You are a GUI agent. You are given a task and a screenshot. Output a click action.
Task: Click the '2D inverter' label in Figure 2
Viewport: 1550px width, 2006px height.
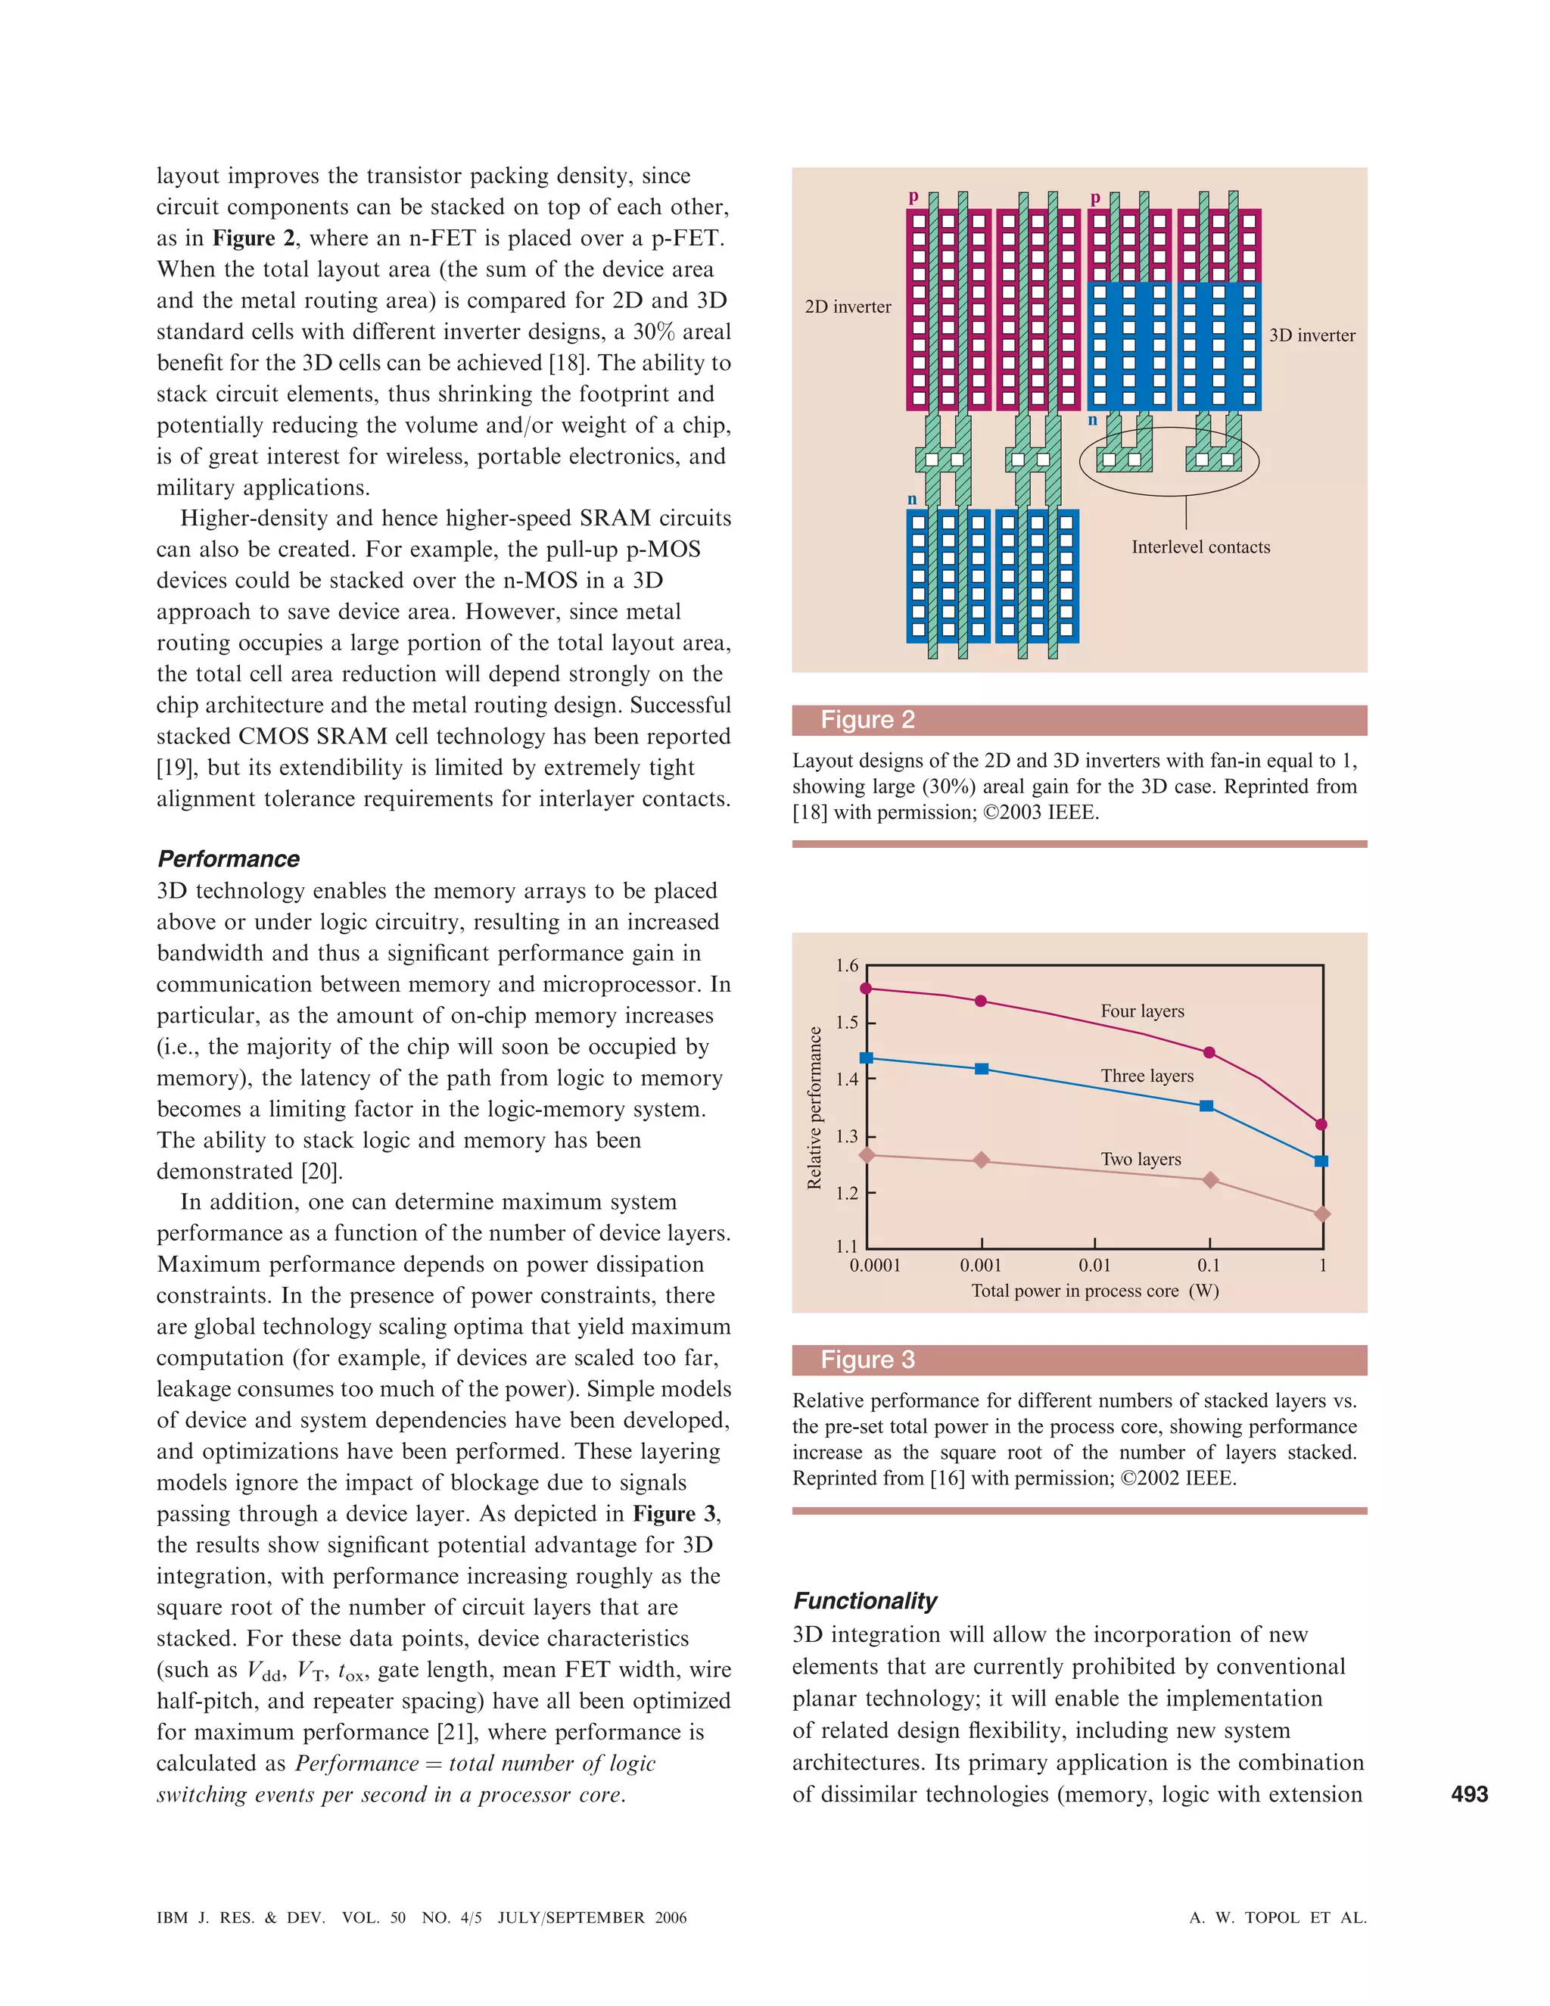click(x=848, y=307)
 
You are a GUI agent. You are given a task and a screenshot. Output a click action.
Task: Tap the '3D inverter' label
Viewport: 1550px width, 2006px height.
click(x=1312, y=335)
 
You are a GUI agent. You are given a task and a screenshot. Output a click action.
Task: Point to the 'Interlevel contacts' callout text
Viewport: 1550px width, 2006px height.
click(x=1200, y=547)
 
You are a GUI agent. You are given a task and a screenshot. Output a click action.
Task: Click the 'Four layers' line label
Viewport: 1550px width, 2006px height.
click(x=1141, y=1011)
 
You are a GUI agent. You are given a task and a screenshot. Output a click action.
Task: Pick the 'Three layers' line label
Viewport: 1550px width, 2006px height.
click(x=1147, y=1076)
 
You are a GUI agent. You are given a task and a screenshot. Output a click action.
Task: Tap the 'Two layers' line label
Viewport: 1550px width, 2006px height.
click(x=1141, y=1160)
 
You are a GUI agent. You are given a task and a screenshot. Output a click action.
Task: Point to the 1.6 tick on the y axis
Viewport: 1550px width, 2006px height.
click(x=847, y=965)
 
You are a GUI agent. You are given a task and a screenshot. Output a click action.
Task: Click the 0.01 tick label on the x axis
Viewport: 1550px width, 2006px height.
click(x=1094, y=1266)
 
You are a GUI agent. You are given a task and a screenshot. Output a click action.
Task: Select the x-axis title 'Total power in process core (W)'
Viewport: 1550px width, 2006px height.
click(x=1094, y=1291)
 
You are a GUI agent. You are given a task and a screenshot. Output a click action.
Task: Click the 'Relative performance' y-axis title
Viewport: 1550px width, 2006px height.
click(x=814, y=1107)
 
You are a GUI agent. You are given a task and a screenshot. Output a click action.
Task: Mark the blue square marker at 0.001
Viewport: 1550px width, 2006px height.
click(x=982, y=1069)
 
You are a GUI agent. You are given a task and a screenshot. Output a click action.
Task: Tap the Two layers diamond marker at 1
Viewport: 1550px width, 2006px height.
click(x=1322, y=1214)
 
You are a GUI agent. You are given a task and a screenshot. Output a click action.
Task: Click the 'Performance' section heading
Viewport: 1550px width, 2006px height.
click(x=229, y=859)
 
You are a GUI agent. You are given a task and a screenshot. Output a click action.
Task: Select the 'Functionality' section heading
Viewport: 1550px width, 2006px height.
click(x=865, y=1601)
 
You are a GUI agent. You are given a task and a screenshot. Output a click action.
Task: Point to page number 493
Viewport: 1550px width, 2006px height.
click(x=1469, y=1794)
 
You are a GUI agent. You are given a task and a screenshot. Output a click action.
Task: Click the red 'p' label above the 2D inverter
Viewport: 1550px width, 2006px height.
click(x=913, y=197)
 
